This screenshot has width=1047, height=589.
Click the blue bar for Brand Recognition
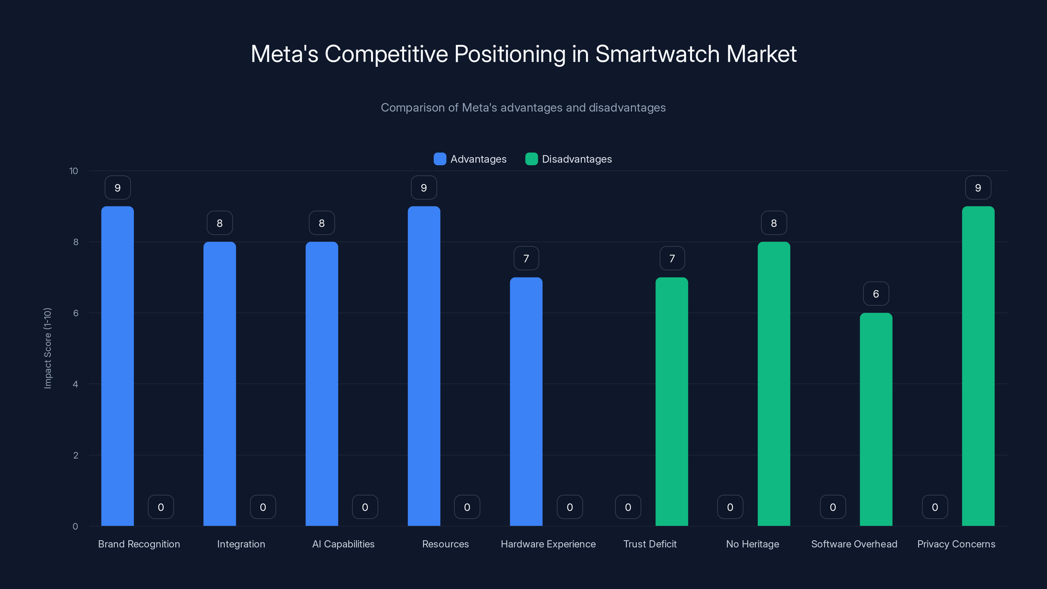(117, 366)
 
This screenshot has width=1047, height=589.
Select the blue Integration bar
(220, 384)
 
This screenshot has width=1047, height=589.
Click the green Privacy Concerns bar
(978, 366)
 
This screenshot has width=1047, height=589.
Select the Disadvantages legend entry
(569, 159)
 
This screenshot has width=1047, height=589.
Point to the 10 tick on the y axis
(74, 171)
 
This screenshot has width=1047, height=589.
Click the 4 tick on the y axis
(75, 384)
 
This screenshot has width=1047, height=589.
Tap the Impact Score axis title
(47, 348)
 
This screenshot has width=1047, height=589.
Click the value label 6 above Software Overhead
(876, 294)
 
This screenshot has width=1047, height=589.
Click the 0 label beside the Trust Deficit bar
(628, 507)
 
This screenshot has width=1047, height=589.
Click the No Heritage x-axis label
(752, 544)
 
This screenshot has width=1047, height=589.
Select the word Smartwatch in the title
(657, 54)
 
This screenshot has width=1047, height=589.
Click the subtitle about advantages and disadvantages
(523, 107)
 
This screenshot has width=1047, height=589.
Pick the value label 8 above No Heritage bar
(773, 223)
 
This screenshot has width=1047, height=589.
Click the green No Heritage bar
(773, 384)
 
